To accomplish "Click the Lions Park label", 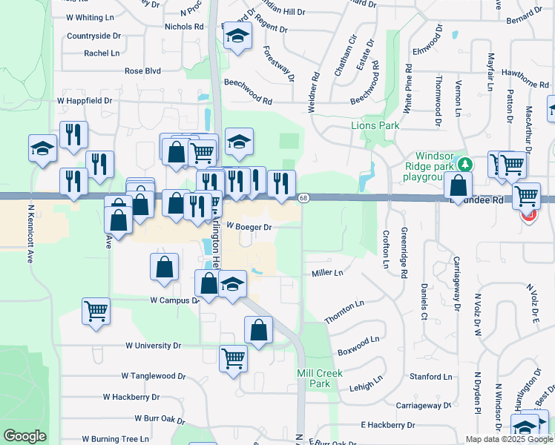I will coord(375,126).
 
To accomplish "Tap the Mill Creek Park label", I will coord(319,378).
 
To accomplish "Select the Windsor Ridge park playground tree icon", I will coord(465,163).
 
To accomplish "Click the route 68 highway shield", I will coord(304,197).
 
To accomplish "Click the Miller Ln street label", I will coord(327,273).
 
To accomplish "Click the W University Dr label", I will coord(154,346).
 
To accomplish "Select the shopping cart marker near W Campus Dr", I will coord(96,311).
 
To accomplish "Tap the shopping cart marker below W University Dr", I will coord(233,357).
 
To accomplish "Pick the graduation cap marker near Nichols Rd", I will coord(237,36).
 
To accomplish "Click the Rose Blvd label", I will coord(143,71).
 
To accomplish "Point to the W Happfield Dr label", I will coord(85,99).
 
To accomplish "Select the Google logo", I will coord(24,436).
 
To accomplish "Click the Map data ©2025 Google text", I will coord(509,439).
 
